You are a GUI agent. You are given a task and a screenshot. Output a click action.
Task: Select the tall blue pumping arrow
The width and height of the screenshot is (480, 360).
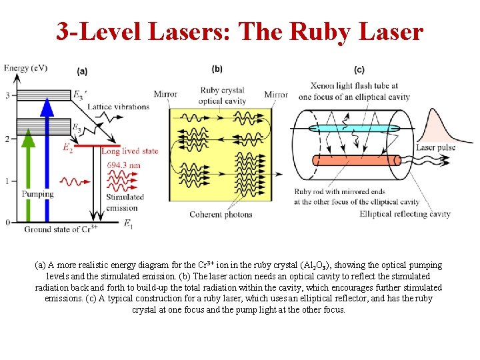pyautogui.click(x=47, y=160)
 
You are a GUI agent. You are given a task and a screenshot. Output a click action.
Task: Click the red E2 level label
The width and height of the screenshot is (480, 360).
pyautogui.click(x=67, y=148)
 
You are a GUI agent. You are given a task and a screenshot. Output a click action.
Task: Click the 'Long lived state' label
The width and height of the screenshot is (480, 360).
pyautogui.click(x=129, y=151)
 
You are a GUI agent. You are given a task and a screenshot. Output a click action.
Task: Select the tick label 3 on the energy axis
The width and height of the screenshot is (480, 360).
pyautogui.click(x=7, y=95)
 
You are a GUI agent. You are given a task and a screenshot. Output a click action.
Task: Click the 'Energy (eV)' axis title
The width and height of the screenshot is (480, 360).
pyautogui.click(x=25, y=68)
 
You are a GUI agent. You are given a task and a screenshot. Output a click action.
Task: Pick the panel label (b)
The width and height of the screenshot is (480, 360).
pyautogui.click(x=217, y=69)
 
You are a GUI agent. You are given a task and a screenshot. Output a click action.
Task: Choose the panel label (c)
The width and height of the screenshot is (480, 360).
pyautogui.click(x=359, y=69)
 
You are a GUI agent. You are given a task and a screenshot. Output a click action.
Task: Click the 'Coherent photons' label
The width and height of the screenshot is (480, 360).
pyautogui.click(x=221, y=215)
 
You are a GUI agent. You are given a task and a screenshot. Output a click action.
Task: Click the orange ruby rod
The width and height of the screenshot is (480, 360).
pyautogui.click(x=353, y=161)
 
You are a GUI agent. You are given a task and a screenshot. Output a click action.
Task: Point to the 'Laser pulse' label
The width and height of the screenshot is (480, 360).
pyautogui.click(x=436, y=147)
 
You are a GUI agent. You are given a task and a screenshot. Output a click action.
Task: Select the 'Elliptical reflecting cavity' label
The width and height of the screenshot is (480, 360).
pyautogui.click(x=405, y=214)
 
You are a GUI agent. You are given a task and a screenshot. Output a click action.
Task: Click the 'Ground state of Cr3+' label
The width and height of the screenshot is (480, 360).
pyautogui.click(x=61, y=229)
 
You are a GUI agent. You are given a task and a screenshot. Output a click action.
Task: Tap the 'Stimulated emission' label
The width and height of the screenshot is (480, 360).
pyautogui.click(x=125, y=202)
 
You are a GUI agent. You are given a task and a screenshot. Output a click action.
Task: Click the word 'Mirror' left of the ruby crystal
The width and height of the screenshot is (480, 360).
pyautogui.click(x=165, y=94)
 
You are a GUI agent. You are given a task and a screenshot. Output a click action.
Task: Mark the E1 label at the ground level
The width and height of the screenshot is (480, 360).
pyautogui.click(x=128, y=225)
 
